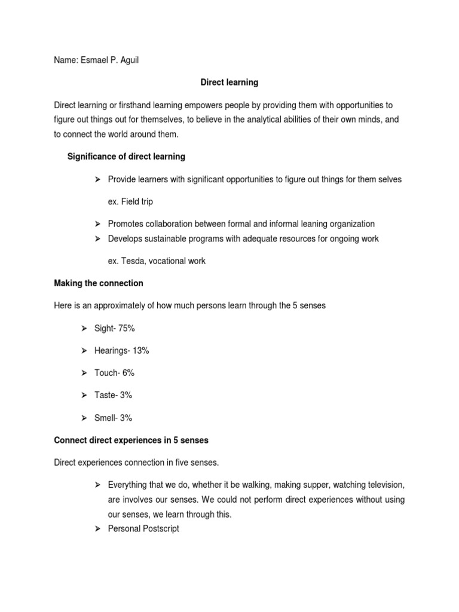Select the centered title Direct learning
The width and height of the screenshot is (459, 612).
click(x=229, y=82)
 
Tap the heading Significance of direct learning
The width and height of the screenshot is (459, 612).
click(x=126, y=157)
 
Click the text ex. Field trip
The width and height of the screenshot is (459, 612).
click(x=130, y=201)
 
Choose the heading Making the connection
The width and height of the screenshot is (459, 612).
click(x=99, y=283)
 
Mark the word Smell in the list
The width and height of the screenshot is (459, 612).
click(x=106, y=418)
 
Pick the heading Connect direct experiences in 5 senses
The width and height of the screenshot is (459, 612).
click(x=131, y=440)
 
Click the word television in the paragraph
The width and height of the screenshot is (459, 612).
click(x=383, y=485)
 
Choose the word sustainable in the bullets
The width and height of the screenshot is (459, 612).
click(x=174, y=239)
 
